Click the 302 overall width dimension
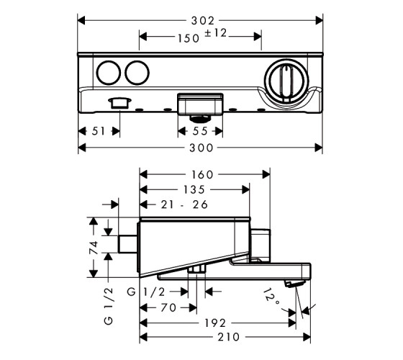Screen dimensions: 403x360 click(203, 21)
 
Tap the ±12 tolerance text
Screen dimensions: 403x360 click(215, 33)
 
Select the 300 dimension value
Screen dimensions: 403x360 click(201, 148)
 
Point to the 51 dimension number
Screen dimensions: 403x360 click(99, 131)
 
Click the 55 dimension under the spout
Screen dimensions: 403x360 click(200, 131)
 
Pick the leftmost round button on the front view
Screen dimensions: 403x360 click(109, 73)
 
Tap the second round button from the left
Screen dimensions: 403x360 click(137, 73)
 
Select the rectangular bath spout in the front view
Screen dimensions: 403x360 click(200, 104)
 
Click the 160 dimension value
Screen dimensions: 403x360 click(202, 175)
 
